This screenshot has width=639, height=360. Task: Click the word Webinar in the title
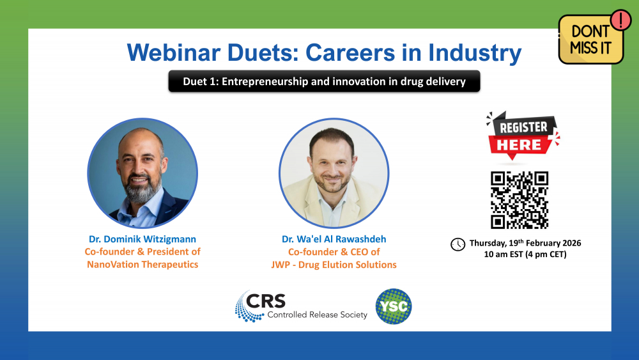click(174, 52)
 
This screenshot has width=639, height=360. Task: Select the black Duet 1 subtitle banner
click(325, 81)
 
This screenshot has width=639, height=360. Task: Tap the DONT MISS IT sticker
click(591, 40)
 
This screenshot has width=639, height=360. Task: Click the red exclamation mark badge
click(620, 20)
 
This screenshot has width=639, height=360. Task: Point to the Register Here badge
click(523, 136)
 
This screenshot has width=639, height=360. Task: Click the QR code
click(519, 200)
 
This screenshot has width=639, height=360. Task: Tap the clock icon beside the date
click(458, 244)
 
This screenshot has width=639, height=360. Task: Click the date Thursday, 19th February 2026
click(525, 243)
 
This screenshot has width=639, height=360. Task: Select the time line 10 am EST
click(525, 254)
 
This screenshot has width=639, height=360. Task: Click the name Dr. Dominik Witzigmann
click(142, 239)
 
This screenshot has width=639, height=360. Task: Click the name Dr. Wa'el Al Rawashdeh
click(334, 239)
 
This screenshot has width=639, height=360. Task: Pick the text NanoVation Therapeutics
click(142, 265)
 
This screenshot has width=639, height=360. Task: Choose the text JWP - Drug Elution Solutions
click(334, 265)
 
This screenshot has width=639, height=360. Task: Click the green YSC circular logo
click(393, 306)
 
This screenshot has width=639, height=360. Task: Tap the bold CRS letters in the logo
click(266, 301)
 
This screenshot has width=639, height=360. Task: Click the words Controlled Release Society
click(317, 315)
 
